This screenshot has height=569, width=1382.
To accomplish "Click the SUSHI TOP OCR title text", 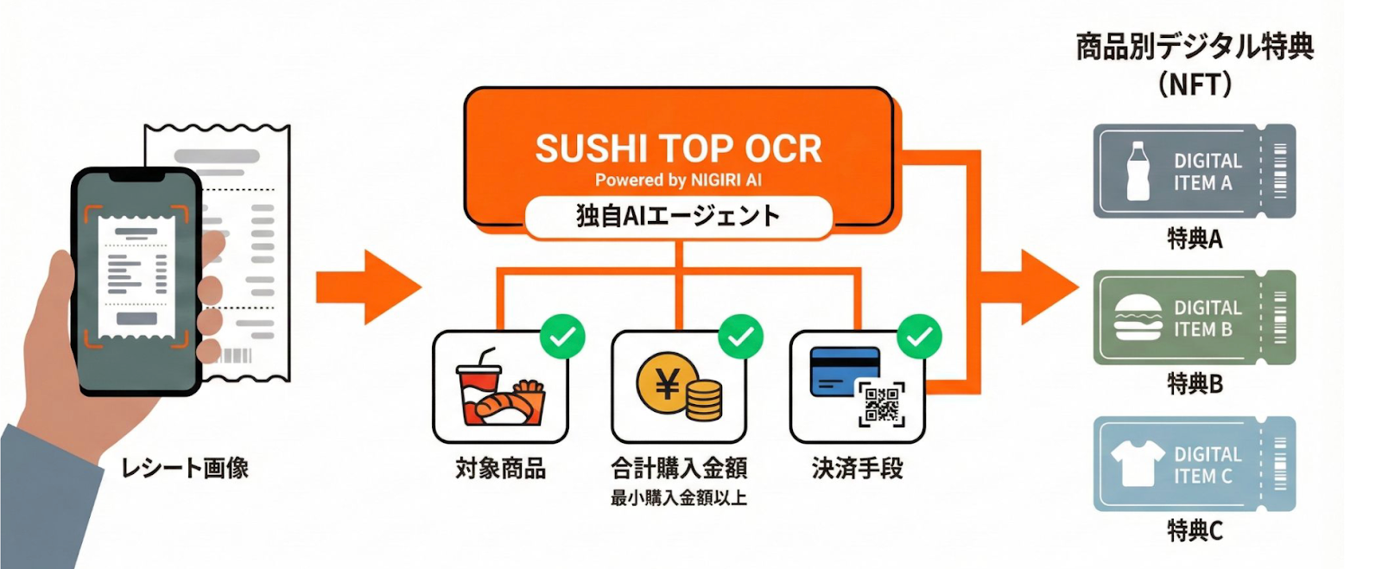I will (678, 149).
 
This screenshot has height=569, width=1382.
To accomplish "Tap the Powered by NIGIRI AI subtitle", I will (678, 180).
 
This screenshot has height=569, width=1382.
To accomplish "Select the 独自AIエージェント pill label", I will (678, 216).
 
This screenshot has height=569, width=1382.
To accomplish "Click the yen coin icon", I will (667, 383).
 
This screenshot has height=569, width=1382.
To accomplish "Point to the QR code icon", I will (881, 404).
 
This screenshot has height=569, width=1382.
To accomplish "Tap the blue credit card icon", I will (844, 371).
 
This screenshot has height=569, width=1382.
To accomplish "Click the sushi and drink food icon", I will (499, 393).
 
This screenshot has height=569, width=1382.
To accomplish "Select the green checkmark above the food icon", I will (562, 337).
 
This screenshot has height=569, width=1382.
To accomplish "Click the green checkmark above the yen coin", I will (741, 337).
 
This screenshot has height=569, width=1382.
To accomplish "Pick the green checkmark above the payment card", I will (919, 337).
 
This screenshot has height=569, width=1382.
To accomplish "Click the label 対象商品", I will (501, 469).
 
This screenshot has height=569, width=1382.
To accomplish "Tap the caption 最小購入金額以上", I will (678, 498).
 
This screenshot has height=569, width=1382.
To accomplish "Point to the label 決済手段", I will (857, 469).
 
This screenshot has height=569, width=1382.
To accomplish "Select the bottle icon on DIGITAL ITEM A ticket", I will (1138, 171).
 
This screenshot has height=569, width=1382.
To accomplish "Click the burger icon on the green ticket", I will (1138, 318).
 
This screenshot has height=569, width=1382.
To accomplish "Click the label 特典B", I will (1195, 383).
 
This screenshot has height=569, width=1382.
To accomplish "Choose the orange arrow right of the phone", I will (367, 288).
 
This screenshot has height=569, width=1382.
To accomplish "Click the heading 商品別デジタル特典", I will (1195, 46).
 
